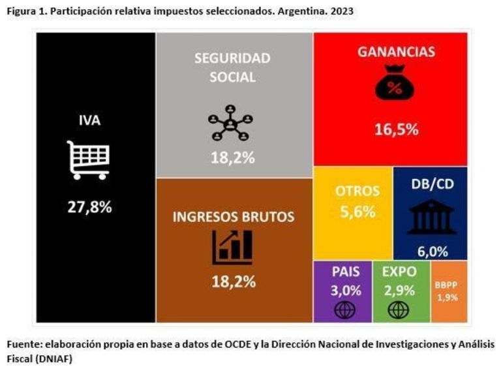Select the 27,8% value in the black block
click(x=90, y=207)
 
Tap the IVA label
click(x=89, y=120)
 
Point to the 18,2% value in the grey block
click(x=232, y=157)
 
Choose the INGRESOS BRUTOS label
click(x=234, y=216)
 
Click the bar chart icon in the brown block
click(x=232, y=248)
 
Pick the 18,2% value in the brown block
click(x=233, y=282)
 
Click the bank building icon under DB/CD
click(x=430, y=218)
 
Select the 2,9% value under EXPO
click(x=398, y=290)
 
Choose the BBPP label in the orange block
click(x=448, y=285)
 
